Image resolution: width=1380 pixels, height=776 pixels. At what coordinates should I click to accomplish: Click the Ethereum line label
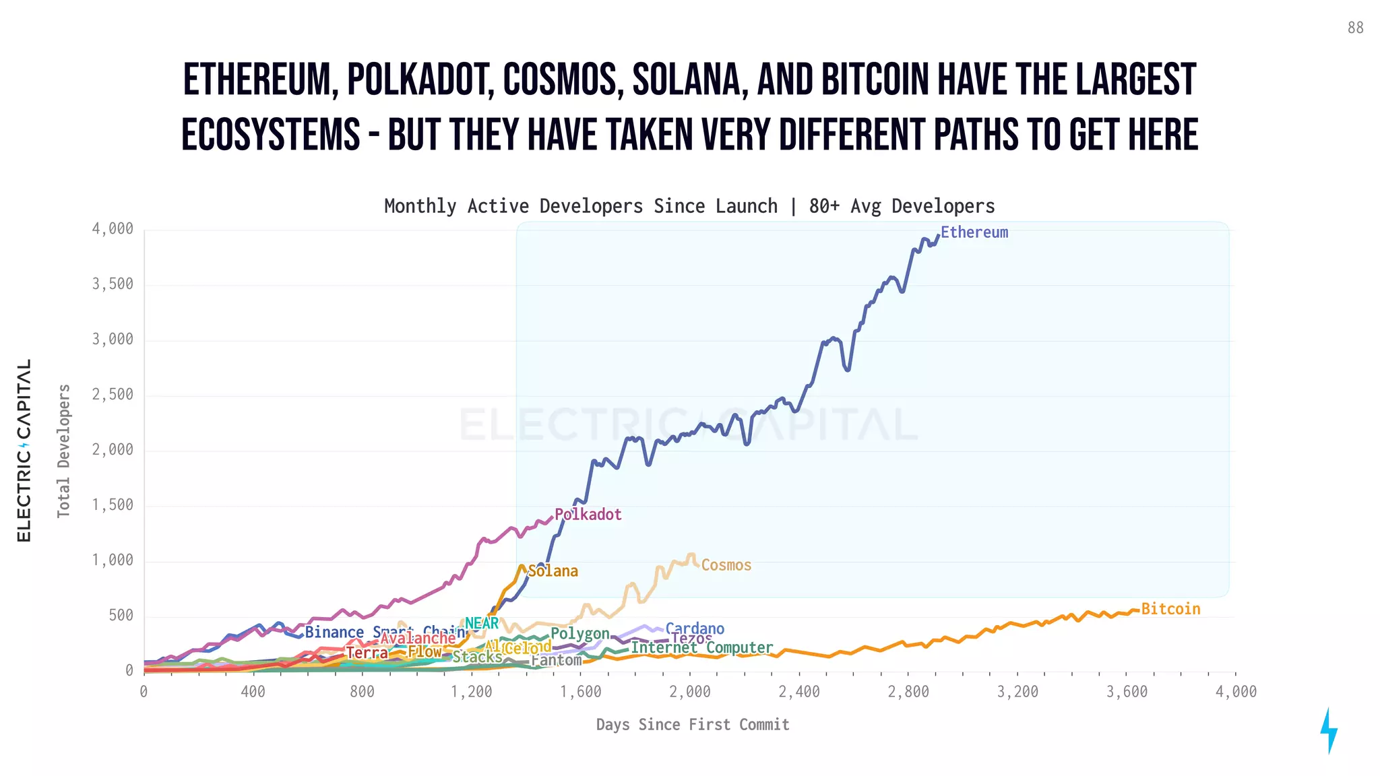[x=974, y=232]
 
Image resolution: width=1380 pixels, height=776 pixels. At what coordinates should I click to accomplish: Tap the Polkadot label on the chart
[x=588, y=515]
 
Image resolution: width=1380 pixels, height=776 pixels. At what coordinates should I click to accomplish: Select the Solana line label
[x=553, y=571]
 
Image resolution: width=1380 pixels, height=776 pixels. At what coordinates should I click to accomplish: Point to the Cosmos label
[x=726, y=565]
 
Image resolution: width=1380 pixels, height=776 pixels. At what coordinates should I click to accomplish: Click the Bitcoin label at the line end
[x=1170, y=609]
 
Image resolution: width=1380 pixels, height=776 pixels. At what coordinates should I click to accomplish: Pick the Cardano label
[x=695, y=628]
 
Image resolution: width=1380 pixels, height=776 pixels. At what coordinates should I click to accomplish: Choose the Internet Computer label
[x=701, y=647]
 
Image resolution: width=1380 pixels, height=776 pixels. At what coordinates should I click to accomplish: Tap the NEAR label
[x=482, y=623]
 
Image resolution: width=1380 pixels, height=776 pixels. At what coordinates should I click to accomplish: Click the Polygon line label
[x=579, y=633]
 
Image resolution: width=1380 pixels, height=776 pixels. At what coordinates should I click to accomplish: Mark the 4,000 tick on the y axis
[x=113, y=229]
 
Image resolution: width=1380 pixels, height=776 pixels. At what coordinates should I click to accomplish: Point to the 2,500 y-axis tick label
[x=113, y=395]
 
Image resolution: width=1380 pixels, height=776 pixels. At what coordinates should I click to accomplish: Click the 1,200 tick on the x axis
[x=471, y=692]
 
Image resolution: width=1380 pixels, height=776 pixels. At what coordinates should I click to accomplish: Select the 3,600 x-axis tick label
[x=1127, y=692]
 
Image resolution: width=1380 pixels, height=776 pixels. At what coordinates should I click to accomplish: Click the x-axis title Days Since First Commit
[x=692, y=725]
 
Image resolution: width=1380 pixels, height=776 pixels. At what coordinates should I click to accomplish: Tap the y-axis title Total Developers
[x=63, y=451]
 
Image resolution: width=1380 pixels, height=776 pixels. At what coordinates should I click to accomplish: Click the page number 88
[x=1355, y=28]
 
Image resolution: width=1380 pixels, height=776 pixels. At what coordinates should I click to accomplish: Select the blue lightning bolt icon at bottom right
[x=1328, y=730]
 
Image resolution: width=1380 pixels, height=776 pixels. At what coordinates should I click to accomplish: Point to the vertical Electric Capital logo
[x=24, y=450]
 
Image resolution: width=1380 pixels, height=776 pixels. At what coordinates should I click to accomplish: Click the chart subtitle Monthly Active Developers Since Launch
[x=580, y=206]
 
